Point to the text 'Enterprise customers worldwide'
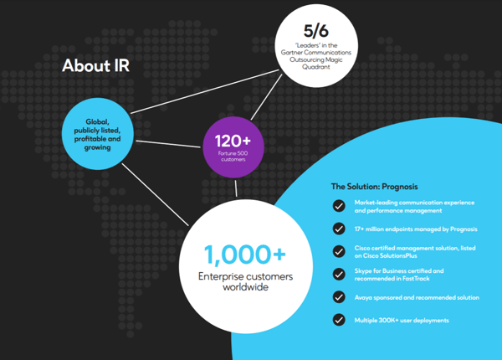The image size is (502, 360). click(x=236, y=282)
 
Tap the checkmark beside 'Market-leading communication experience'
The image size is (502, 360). click(x=339, y=205)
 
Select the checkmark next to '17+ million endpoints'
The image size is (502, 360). click(x=339, y=228)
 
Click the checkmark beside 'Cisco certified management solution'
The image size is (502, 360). click(x=339, y=251)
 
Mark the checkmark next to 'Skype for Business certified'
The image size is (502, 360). click(x=339, y=274)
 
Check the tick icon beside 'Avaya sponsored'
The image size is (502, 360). click(x=339, y=296)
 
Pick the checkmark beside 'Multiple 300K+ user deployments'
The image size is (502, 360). click(x=339, y=319)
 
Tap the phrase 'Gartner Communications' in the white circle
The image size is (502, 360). click(x=322, y=52)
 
